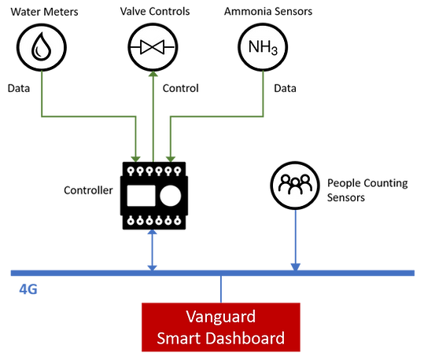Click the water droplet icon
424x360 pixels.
[x=41, y=46]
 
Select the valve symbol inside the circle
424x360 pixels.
[x=153, y=47]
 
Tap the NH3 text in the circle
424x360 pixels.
[x=263, y=48]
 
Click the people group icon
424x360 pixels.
[x=295, y=185]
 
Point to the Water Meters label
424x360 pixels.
[x=44, y=12]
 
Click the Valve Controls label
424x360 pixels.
[x=155, y=11]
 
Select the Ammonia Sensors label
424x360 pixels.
[x=268, y=11]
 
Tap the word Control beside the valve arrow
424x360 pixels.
[x=181, y=88]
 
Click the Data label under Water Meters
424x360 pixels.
[x=19, y=88]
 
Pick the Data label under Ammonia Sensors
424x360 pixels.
[x=285, y=88]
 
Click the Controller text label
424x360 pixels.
[x=88, y=190]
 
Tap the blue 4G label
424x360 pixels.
[x=28, y=289]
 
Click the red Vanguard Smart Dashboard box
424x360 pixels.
[x=221, y=327]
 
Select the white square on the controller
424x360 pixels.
[x=141, y=196]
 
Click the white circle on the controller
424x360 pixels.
[x=171, y=196]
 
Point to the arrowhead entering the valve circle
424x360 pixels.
[x=153, y=74]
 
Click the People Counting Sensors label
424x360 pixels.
[x=367, y=190]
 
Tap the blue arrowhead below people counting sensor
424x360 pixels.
[x=295, y=266]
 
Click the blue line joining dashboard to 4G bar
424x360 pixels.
[x=221, y=289]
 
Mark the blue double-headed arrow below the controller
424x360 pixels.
[x=153, y=250]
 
